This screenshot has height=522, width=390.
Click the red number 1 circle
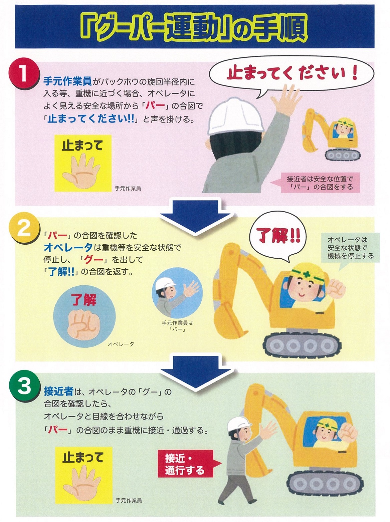[23, 74]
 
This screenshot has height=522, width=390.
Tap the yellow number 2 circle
[23, 229]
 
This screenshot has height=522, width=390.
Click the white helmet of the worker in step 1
[235, 116]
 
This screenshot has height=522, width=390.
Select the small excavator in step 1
[331, 135]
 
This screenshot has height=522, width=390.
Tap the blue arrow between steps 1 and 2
[195, 215]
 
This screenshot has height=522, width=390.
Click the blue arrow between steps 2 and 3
[195, 373]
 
